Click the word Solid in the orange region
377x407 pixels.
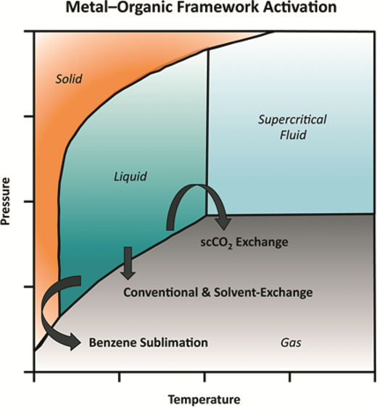coord(69,79)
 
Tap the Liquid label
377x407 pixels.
coord(130,177)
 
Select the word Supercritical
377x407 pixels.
coord(292,120)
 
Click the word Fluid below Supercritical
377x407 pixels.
coord(293,135)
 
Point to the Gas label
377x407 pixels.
coord(291,343)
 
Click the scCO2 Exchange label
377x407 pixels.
coord(244,243)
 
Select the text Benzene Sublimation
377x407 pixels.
coord(149,343)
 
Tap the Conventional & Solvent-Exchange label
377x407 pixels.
coord(217,293)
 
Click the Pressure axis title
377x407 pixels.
coord(5,201)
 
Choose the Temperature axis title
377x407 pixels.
coord(204,399)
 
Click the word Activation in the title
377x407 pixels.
coord(299,7)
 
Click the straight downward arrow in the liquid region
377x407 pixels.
coord(128,263)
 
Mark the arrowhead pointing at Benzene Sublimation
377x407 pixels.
coord(74,342)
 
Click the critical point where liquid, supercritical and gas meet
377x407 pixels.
coord(207,215)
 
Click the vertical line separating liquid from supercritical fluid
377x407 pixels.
coord(207,132)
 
